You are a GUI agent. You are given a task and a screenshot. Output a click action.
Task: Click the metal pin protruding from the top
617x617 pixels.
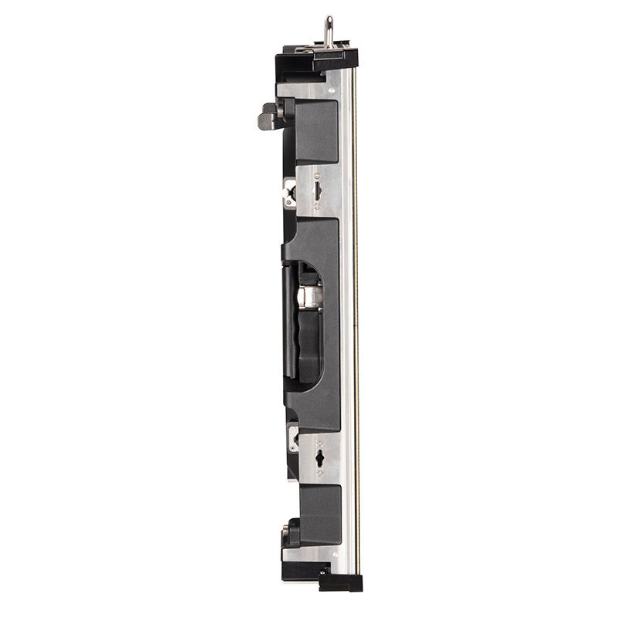329,31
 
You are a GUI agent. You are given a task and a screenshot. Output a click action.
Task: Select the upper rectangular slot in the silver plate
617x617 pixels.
318,190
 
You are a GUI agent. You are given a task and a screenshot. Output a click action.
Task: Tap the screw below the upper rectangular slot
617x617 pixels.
318,206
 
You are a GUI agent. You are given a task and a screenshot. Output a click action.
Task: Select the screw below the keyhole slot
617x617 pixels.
319,472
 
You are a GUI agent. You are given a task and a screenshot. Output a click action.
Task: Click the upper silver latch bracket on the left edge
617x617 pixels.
290,193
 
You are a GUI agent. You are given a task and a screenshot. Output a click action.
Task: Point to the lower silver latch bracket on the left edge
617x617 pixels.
293,437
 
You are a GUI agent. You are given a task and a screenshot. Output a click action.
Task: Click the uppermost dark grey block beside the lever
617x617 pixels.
316,131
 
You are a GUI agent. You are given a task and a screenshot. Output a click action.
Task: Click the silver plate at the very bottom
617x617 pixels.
308,554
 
